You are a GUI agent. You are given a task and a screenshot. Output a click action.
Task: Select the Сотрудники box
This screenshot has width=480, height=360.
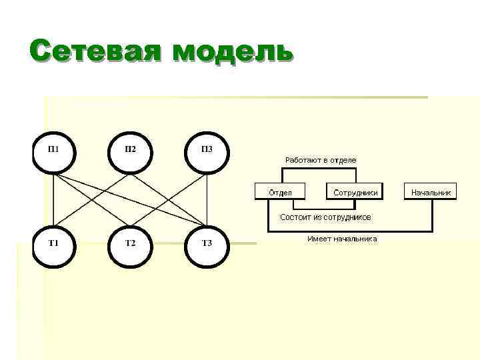355,192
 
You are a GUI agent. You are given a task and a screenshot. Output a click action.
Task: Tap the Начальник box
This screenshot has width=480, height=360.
431,192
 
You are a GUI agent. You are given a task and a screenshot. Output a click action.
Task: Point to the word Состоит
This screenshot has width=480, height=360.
295,217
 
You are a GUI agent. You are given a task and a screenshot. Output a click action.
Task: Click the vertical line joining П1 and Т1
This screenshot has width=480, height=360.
54,200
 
